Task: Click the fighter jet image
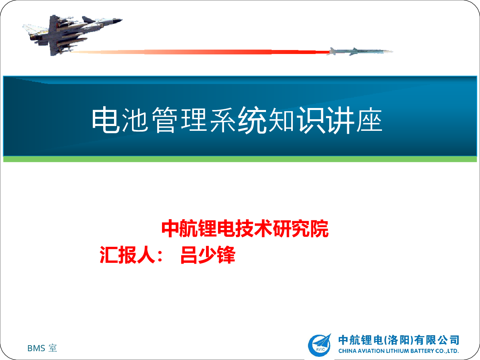click(x=72, y=35)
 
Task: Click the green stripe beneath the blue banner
click(x=240, y=159)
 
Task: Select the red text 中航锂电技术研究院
click(x=245, y=229)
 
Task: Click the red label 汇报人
click(x=127, y=255)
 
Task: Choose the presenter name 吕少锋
click(x=208, y=255)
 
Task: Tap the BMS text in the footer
click(x=36, y=348)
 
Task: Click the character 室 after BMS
click(x=52, y=348)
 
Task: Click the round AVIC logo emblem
click(x=320, y=345)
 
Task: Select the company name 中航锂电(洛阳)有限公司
click(x=399, y=340)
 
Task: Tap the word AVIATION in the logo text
click(x=371, y=351)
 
